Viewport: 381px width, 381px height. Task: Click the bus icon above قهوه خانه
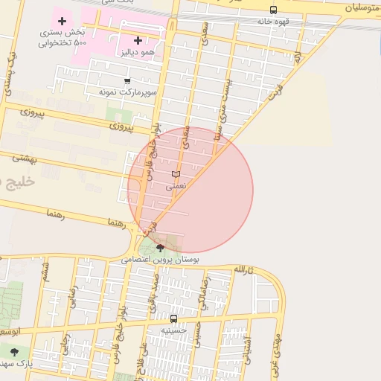pos(274,10)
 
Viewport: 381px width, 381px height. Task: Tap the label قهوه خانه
pos(274,22)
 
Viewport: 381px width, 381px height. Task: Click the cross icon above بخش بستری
pos(62,21)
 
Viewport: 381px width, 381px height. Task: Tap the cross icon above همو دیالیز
pos(138,40)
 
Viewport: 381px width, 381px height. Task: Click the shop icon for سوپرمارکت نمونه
pos(127,81)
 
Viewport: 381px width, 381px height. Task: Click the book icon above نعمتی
pos(176,174)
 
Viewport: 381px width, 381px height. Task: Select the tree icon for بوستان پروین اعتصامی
pos(160,248)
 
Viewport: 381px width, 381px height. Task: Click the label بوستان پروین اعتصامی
pos(161,260)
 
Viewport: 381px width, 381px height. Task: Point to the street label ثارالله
pos(243,269)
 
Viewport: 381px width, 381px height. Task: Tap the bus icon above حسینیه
pos(174,318)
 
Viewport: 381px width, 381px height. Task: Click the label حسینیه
pos(174,330)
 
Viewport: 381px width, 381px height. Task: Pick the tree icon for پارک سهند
pos(14,352)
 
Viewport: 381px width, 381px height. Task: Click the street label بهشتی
pos(25,159)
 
